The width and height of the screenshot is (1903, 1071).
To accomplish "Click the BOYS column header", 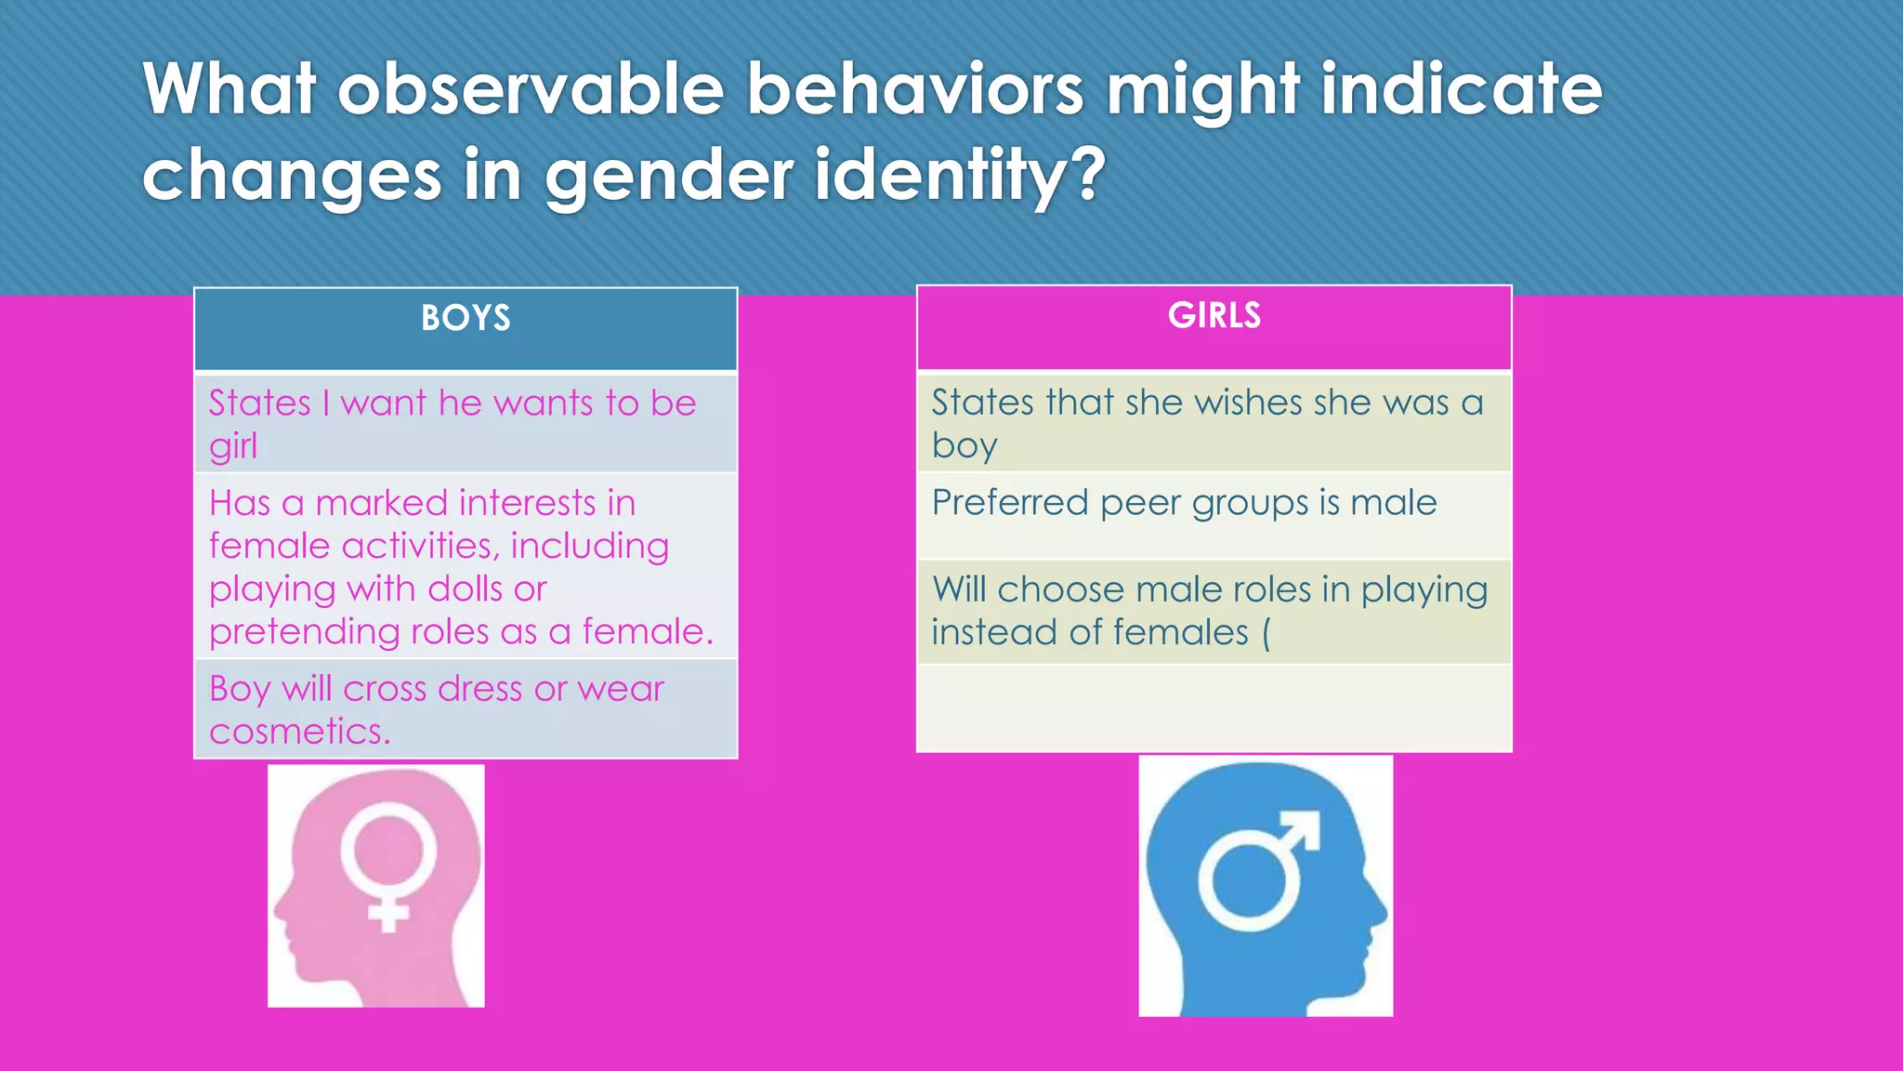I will pos(466,319).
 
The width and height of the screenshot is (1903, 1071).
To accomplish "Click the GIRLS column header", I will pos(1214,316).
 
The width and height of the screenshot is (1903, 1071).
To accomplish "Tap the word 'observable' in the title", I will pos(530,90).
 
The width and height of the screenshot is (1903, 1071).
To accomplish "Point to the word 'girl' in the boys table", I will pos(232,447).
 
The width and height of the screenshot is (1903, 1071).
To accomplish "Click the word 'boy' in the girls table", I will pos(964,447).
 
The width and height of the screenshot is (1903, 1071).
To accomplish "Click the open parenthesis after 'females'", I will pos(1266,634).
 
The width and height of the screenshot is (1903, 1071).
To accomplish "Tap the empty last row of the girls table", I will pos(1214,708).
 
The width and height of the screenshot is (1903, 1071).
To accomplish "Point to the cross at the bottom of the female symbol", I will pos(388,913).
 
